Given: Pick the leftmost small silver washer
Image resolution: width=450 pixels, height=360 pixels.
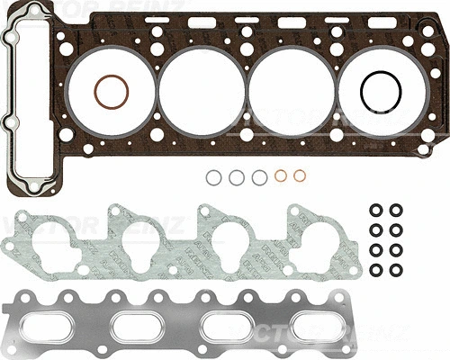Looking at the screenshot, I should (x=212, y=177).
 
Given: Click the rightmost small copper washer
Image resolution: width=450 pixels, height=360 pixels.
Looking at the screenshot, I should (x=302, y=176).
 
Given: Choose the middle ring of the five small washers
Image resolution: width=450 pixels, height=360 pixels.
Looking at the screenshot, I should (x=259, y=177).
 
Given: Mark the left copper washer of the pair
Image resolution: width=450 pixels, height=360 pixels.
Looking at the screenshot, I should (x=281, y=176).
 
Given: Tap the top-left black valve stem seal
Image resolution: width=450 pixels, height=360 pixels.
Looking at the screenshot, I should (x=375, y=211).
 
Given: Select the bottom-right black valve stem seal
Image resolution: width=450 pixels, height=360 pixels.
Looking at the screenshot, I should (x=396, y=270).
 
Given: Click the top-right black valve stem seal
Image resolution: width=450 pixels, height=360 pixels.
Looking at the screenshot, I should (x=396, y=211).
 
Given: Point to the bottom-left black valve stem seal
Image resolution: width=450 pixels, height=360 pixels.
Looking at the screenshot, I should (x=375, y=270).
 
